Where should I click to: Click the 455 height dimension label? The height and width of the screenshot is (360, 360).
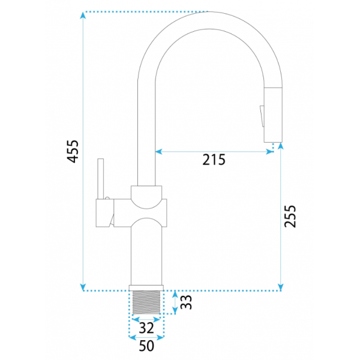click(73, 152)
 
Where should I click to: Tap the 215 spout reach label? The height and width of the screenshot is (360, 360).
click(214, 160)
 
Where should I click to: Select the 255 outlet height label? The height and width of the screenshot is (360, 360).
click(290, 216)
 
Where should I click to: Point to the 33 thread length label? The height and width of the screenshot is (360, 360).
click(185, 302)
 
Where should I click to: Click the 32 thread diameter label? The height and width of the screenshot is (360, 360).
click(146, 328)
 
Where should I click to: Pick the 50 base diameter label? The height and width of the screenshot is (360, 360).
click(146, 346)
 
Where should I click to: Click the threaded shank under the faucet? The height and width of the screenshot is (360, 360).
click(146, 302)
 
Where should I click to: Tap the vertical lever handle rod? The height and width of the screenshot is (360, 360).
click(101, 179)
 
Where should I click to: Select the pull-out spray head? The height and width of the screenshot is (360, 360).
click(273, 115)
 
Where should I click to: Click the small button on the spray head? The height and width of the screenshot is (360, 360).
click(262, 116)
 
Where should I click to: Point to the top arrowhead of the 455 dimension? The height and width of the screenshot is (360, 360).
click(83, 15)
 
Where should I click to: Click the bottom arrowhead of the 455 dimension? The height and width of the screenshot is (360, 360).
click(83, 287)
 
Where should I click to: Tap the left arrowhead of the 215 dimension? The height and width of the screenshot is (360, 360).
click(158, 152)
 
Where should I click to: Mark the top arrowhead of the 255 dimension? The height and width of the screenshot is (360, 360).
click(280, 146)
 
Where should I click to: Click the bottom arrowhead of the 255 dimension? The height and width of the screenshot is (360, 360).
click(280, 287)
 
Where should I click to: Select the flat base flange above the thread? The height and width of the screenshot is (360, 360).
click(146, 288)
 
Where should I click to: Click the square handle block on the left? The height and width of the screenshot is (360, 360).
click(104, 213)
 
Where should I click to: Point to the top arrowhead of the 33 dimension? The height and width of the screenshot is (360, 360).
click(175, 294)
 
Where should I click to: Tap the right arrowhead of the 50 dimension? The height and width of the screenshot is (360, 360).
click(160, 337)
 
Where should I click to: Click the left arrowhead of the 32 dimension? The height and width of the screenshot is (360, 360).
click(136, 319)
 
